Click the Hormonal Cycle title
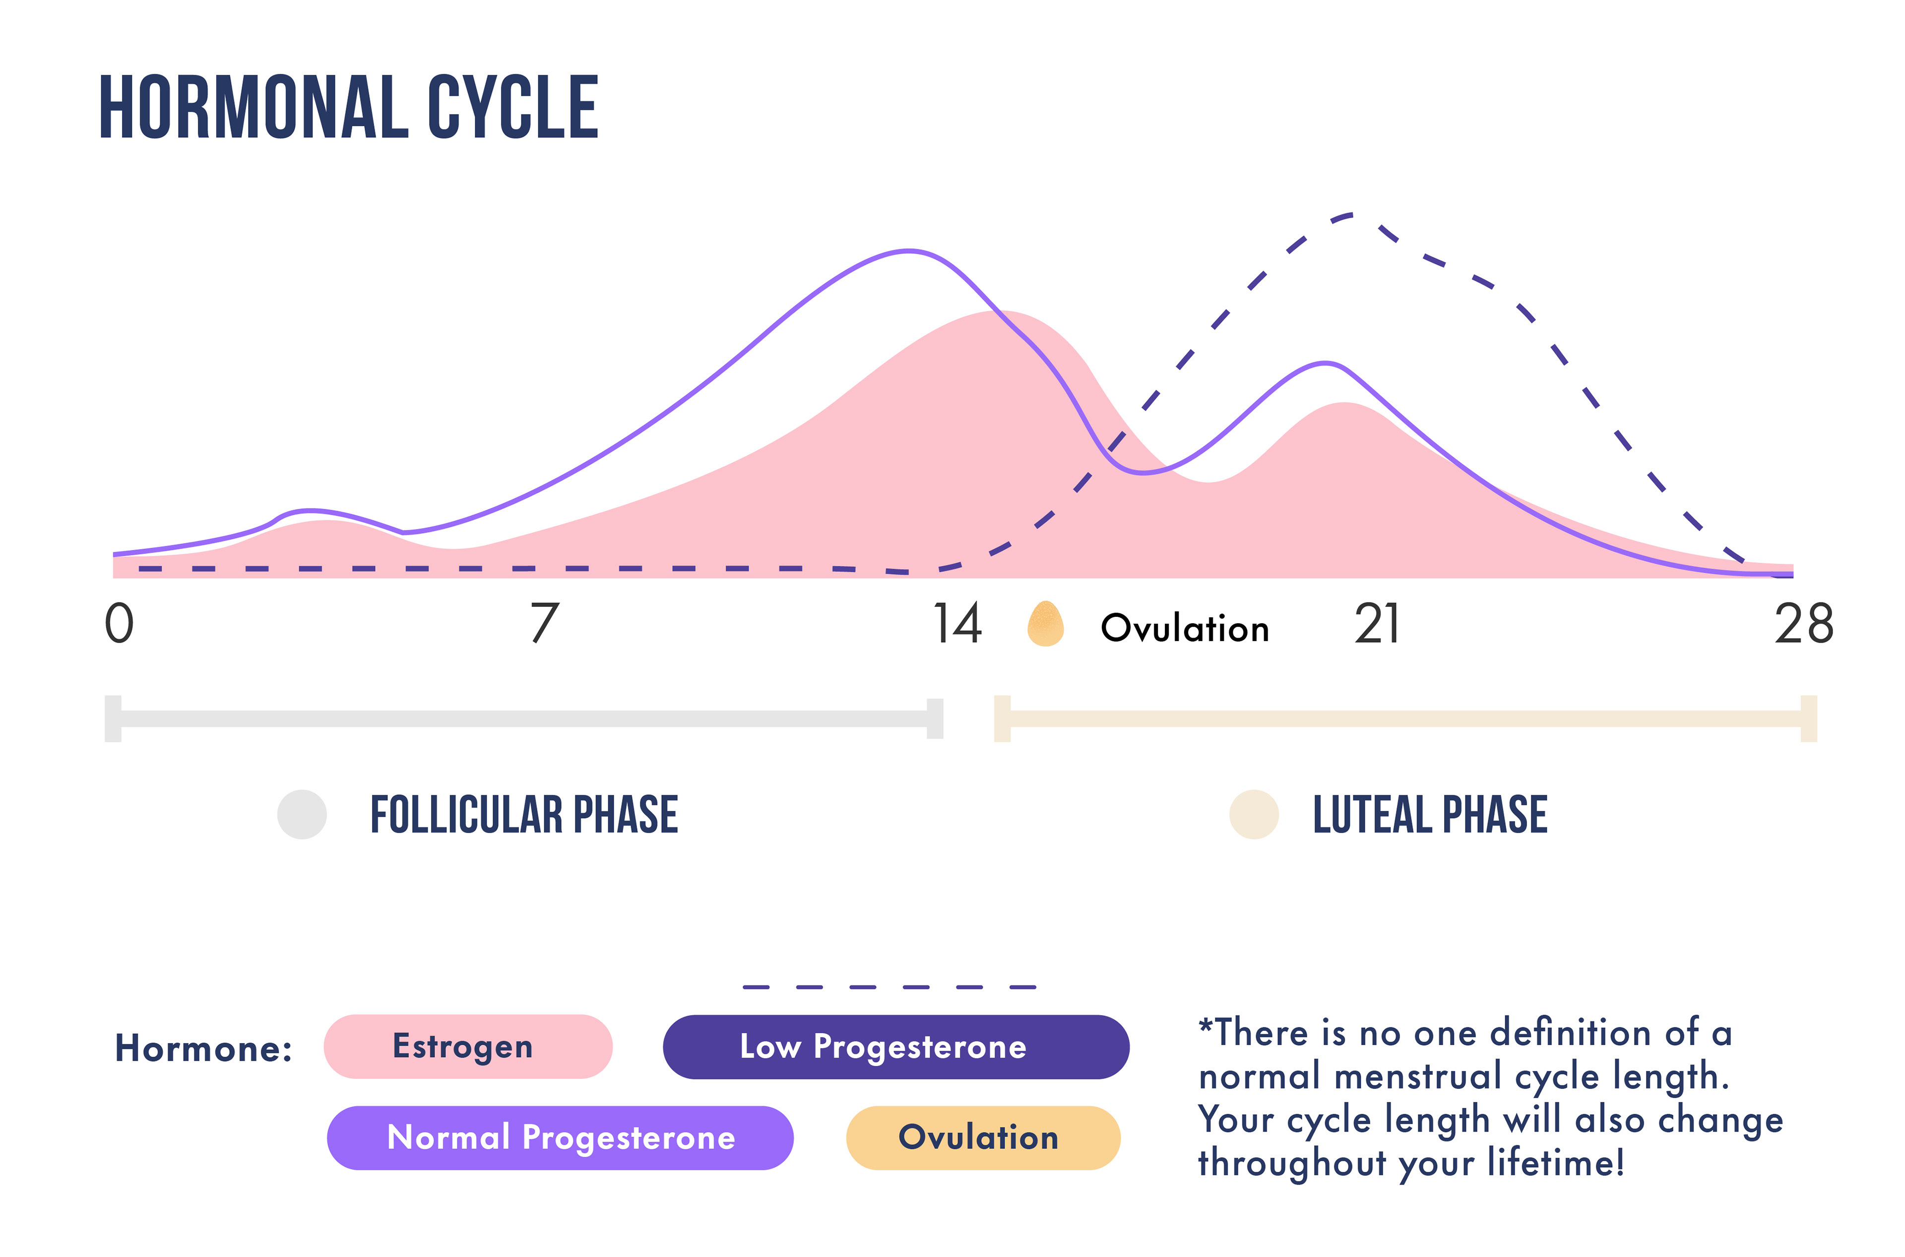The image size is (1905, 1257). click(349, 108)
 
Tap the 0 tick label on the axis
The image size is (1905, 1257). click(120, 624)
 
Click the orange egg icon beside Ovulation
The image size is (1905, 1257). click(1045, 624)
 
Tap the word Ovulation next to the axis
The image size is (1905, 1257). click(1185, 628)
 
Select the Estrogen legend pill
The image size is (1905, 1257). click(468, 1046)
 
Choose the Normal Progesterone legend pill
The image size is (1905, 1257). click(560, 1137)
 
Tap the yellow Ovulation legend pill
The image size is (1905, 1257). click(983, 1137)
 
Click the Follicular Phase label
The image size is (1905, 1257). click(524, 815)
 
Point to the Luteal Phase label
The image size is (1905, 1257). click(1429, 815)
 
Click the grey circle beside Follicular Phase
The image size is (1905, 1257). click(303, 815)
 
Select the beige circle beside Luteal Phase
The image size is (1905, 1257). click(1254, 815)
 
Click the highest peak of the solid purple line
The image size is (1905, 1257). click(909, 252)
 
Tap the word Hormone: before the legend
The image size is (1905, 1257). click(204, 1048)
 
